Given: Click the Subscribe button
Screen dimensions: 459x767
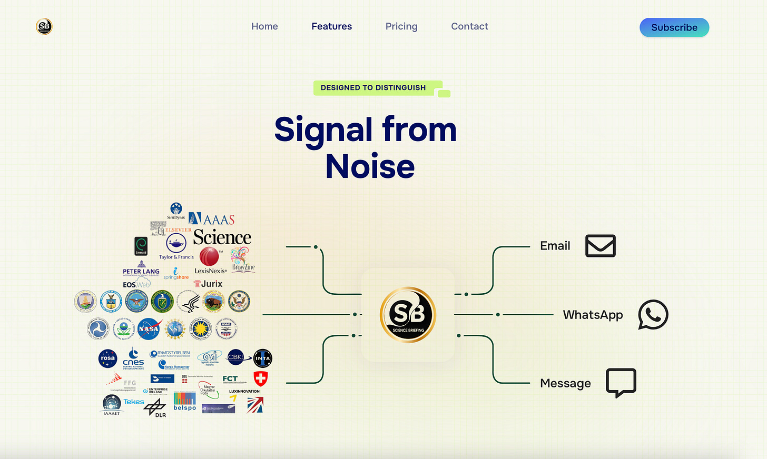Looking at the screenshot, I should click(674, 27).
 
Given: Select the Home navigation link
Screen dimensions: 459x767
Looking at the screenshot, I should click(264, 26).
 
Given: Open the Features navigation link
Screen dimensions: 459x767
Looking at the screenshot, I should click(331, 26).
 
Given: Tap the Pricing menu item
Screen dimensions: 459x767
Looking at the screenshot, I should click(401, 26).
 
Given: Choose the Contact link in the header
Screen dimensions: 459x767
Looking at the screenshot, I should click(469, 26).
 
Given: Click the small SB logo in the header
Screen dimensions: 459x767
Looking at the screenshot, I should click(44, 26).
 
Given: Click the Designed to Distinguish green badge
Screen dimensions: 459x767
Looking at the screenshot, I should click(373, 88).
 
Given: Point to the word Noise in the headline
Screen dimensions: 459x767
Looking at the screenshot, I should click(370, 167).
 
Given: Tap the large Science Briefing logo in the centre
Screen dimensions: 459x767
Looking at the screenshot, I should click(408, 315).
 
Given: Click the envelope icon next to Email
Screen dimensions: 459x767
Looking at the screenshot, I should click(600, 246).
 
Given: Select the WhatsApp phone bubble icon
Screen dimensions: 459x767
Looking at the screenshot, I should click(653, 315).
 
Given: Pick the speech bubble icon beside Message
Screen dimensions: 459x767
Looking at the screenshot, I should click(621, 382).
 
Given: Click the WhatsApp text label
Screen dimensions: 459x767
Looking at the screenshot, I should click(593, 315).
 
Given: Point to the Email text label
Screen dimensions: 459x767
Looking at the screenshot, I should click(555, 246).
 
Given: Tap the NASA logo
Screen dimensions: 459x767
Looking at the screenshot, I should click(149, 329).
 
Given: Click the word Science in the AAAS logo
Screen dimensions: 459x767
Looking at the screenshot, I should click(222, 238).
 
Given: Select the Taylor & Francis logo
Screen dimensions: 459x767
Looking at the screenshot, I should click(176, 246).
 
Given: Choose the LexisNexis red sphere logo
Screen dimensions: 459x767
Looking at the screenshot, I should click(209, 256).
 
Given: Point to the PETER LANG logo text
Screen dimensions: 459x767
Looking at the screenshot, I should click(141, 272).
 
